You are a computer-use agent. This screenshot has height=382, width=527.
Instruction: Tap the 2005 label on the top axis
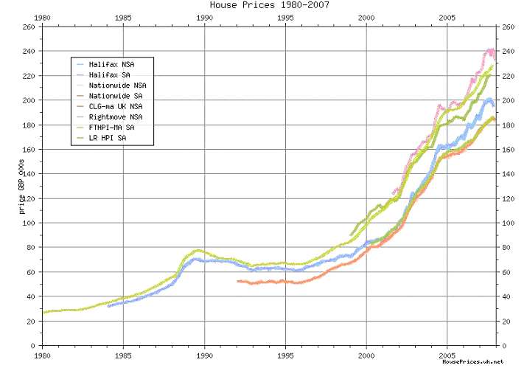(x=447, y=17)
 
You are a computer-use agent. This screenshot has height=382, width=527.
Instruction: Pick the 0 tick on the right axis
(x=503, y=345)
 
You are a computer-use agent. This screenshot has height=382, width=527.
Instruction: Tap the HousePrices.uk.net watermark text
(x=472, y=362)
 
